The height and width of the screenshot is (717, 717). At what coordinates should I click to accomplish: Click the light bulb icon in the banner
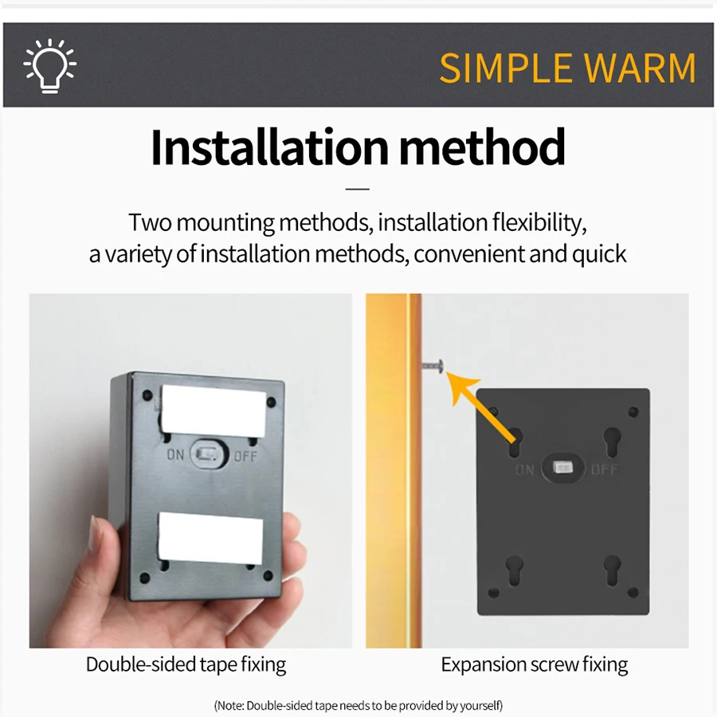(x=50, y=66)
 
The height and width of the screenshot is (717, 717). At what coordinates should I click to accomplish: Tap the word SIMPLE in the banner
(x=506, y=69)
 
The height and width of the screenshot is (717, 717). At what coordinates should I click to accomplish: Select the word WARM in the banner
(x=641, y=69)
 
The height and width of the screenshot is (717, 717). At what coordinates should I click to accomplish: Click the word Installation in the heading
(x=270, y=147)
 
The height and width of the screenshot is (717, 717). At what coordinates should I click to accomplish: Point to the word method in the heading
(x=483, y=147)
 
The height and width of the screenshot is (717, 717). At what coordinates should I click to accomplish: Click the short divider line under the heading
(x=358, y=188)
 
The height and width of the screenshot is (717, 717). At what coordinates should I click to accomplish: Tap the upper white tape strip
(x=213, y=410)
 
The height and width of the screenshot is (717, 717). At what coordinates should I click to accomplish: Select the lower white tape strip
(x=210, y=538)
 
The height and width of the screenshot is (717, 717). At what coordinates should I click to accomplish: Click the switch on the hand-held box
(x=209, y=454)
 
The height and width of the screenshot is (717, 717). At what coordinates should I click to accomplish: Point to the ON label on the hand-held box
(x=175, y=455)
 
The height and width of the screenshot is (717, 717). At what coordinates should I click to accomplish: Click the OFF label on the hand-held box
(x=245, y=456)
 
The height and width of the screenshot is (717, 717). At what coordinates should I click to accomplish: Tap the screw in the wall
(x=433, y=366)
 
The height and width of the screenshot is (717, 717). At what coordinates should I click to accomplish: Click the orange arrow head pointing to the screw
(x=460, y=387)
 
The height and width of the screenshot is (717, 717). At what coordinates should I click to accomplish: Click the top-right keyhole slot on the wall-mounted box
(x=613, y=441)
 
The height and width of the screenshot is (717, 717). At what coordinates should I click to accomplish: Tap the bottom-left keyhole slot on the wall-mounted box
(x=515, y=570)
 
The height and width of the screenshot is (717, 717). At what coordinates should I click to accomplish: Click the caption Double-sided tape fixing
(x=186, y=664)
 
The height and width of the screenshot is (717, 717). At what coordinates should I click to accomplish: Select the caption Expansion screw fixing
(x=534, y=664)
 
